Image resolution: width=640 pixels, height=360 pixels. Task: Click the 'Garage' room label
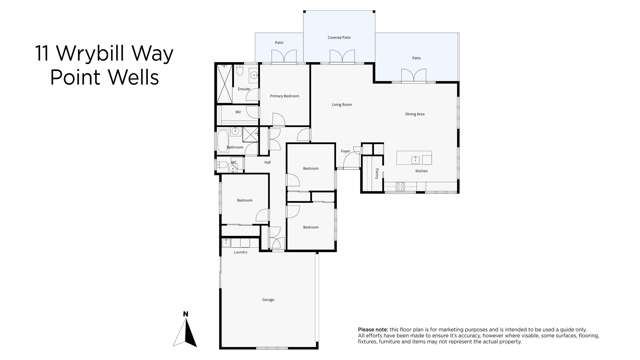tap(268, 299)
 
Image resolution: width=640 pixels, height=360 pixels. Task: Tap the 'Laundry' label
tap(240, 252)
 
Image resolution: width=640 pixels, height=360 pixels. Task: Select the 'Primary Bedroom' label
tap(285, 96)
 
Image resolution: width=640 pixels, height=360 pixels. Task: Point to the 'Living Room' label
tap(342, 104)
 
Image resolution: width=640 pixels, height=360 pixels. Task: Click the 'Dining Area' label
tap(416, 115)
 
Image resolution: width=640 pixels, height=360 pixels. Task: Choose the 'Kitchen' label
tap(421, 171)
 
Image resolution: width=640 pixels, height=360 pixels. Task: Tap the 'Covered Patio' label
tap(339, 37)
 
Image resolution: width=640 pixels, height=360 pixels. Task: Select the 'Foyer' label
tap(346, 152)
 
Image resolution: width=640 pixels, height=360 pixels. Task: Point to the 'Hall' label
tap(267, 162)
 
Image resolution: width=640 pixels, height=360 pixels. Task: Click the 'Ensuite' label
tap(244, 89)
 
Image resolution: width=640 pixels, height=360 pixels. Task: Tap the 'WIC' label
tap(238, 112)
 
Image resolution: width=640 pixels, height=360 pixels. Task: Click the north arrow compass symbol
tap(185, 330)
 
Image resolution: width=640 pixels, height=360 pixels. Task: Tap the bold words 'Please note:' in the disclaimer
tap(372, 329)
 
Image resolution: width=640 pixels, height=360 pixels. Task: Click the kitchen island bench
tap(414, 158)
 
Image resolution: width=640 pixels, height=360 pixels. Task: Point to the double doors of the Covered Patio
tap(340, 58)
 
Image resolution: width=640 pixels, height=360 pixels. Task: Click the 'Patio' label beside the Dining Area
tap(416, 58)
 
